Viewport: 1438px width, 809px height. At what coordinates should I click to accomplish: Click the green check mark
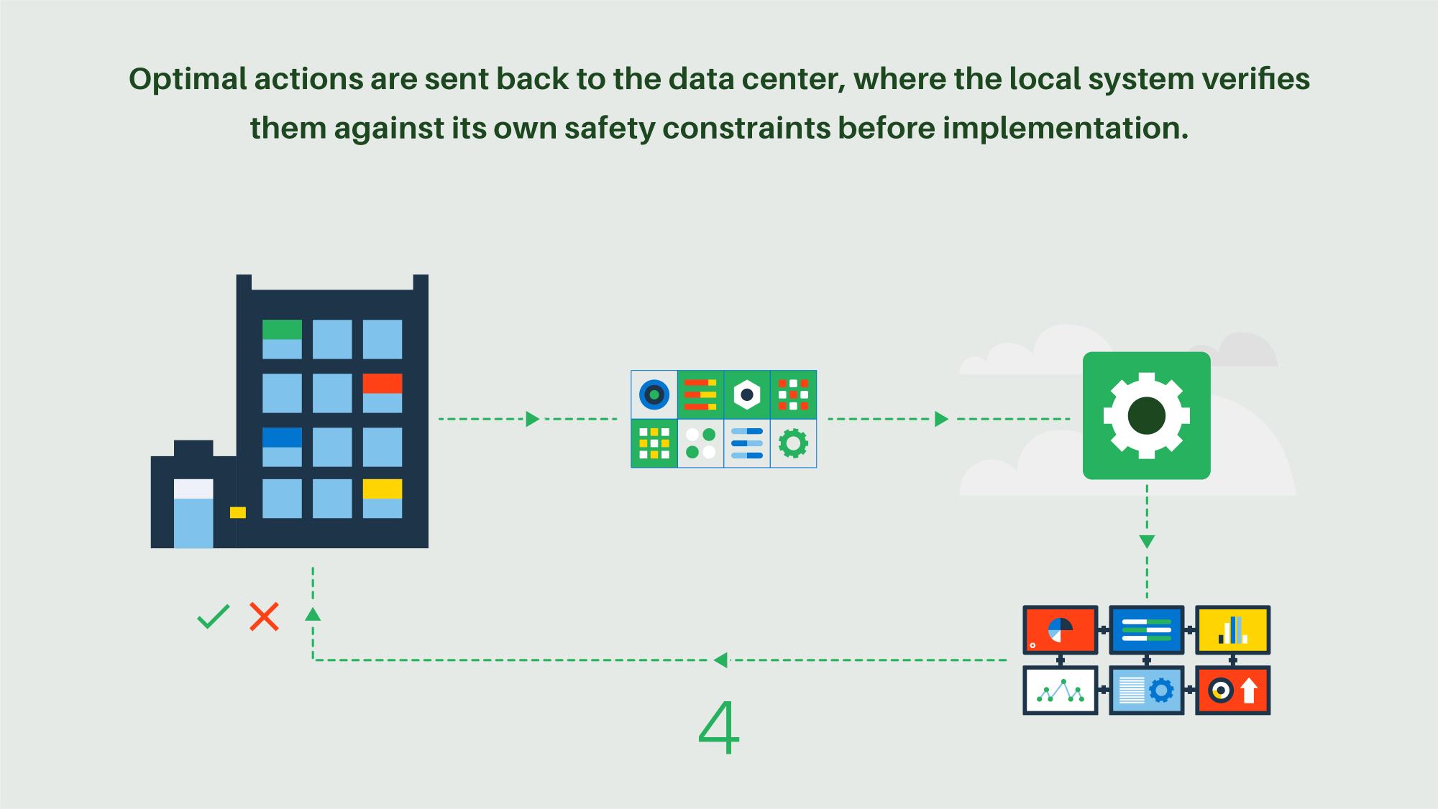(x=213, y=616)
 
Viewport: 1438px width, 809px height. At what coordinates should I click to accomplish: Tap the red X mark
(x=264, y=616)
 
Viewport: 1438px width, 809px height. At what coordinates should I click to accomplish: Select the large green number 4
(x=718, y=728)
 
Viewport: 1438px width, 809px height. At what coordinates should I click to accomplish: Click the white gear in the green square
(x=1146, y=416)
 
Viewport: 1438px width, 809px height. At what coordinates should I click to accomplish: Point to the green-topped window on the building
(x=282, y=339)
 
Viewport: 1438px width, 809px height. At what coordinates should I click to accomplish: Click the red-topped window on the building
(x=382, y=393)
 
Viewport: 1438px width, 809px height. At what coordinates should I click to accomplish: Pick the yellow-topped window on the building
(x=382, y=498)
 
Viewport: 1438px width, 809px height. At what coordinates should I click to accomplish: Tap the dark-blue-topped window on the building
(x=282, y=447)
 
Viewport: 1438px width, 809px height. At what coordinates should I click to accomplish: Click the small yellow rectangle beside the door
(x=238, y=512)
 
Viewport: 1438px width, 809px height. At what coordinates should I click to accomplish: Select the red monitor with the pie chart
(x=1060, y=629)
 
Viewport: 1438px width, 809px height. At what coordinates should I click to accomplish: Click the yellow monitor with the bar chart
(x=1232, y=629)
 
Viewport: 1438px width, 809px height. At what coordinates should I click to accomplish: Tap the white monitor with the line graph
(x=1060, y=690)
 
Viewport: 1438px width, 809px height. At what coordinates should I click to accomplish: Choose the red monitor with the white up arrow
(x=1232, y=690)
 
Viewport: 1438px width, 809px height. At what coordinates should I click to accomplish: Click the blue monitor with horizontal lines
(x=1146, y=629)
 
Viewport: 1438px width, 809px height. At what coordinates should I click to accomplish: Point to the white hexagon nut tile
(x=747, y=394)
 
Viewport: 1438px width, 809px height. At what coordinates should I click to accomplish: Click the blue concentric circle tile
(x=654, y=394)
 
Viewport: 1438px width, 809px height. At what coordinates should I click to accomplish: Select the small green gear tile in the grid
(x=793, y=443)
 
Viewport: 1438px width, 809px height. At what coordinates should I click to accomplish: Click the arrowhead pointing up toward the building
(x=313, y=614)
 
